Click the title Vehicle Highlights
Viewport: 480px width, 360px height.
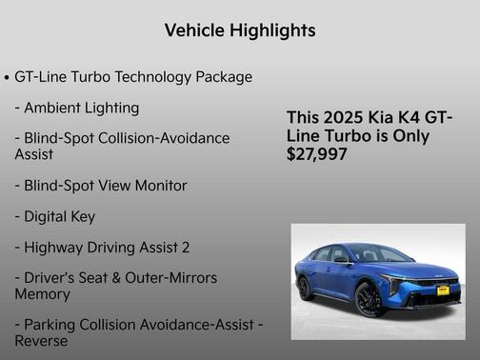coord(240,30)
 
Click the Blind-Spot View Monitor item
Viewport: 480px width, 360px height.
coord(101,185)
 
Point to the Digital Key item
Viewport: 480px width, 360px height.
coord(55,216)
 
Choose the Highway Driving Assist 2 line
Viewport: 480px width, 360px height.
coord(102,247)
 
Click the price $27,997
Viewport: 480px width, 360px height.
coord(317,154)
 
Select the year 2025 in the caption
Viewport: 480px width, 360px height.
coord(342,117)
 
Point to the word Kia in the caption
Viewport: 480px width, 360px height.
coord(378,117)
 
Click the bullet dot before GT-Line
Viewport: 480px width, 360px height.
coord(8,77)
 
